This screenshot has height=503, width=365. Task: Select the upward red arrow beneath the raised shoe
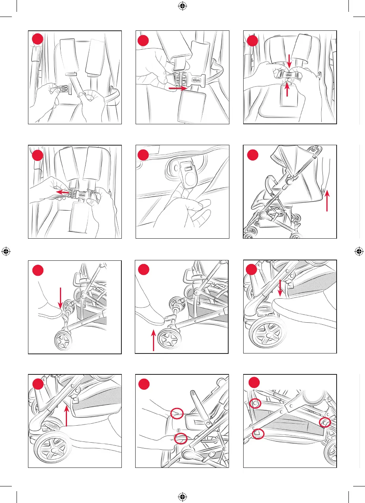coord(153,335)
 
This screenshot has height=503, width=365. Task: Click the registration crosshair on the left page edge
coord(6,251)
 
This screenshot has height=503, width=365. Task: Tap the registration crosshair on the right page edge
coord(359,251)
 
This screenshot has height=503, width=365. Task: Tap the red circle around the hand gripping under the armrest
coord(181,438)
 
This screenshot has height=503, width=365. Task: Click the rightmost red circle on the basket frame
coord(325,423)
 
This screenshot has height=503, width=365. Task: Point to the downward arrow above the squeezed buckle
coord(289,60)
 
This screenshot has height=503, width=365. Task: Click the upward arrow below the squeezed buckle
coord(288,90)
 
